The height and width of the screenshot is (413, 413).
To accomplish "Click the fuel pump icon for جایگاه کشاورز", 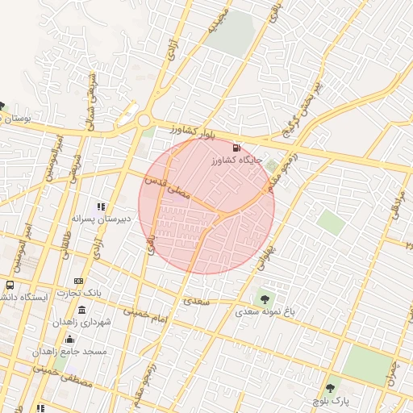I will (236, 148).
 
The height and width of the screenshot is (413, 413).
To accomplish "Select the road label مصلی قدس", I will (167, 190).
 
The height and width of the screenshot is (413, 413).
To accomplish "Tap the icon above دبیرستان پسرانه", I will (101, 206).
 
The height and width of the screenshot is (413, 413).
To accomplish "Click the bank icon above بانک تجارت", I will (78, 281).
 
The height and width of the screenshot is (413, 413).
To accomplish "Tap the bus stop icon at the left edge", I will (10, 285).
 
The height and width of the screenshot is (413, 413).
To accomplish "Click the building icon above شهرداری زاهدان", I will (82, 311).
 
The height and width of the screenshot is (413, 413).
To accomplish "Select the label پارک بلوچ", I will (331, 399).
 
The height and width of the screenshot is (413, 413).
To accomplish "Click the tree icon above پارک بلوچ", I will (330, 388).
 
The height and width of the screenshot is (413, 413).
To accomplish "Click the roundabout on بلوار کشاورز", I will (144, 121).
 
